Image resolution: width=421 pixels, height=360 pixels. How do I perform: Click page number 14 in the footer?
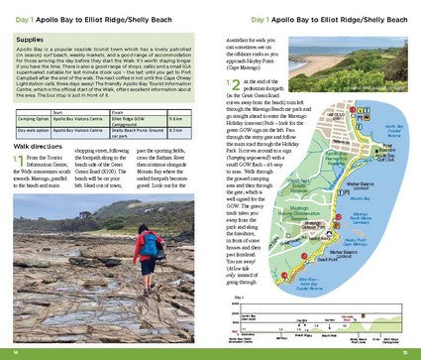16,351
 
